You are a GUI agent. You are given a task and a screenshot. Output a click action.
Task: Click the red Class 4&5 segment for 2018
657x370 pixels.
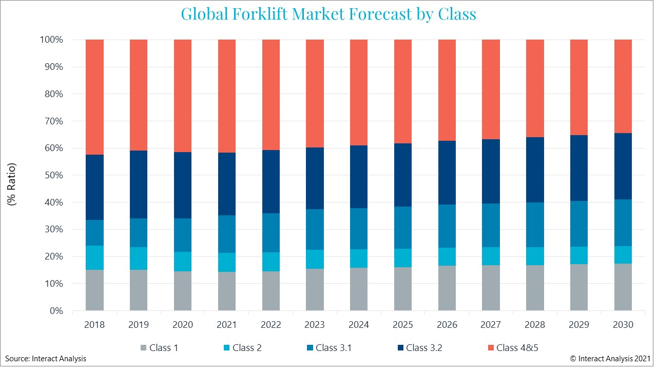pyautogui.click(x=94, y=97)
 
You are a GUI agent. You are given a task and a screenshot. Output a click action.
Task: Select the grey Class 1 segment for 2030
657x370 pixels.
pyautogui.click(x=623, y=287)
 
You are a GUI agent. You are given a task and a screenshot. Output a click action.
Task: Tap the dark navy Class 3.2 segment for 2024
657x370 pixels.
pyautogui.click(x=359, y=176)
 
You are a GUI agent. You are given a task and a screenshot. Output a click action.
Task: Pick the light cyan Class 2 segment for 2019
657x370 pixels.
pyautogui.click(x=139, y=258)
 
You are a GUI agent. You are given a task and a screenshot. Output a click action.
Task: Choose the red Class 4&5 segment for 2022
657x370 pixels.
pyautogui.click(x=271, y=95)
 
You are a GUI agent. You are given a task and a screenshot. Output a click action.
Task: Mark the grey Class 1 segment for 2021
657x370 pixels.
pyautogui.click(x=227, y=291)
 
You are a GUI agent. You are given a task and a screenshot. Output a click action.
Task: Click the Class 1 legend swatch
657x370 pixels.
pyautogui.click(x=143, y=348)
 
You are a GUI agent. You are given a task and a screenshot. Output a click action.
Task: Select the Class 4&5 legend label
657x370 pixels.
pyautogui.click(x=517, y=348)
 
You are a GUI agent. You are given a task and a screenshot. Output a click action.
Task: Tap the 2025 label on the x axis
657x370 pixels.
pyautogui.click(x=403, y=325)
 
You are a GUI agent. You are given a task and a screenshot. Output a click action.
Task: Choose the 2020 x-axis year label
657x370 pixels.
pyautogui.click(x=183, y=325)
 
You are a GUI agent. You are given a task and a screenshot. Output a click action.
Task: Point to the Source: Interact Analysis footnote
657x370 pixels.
pyautogui.click(x=46, y=359)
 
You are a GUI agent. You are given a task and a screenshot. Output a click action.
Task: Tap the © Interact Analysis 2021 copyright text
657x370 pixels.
pyautogui.click(x=610, y=359)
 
